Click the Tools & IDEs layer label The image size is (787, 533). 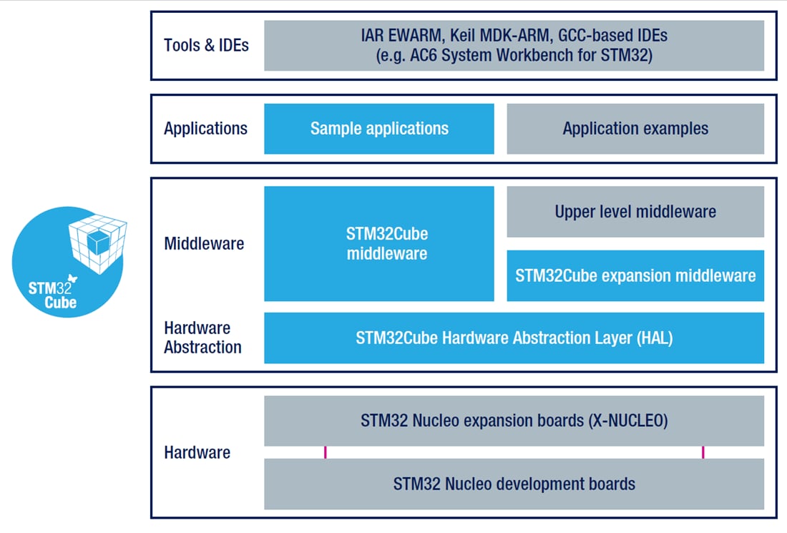click(206, 45)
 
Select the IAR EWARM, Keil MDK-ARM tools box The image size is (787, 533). click(514, 45)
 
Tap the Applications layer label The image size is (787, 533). click(205, 129)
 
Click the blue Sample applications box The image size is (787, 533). click(378, 129)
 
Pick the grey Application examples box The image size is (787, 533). click(635, 129)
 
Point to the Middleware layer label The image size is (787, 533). click(204, 243)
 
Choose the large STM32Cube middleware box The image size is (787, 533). click(378, 243)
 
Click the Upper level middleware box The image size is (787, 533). click(635, 212)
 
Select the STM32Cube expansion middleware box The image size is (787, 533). click(635, 275)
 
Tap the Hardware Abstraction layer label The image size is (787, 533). click(202, 338)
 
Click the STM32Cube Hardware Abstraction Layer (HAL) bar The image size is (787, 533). click(514, 338)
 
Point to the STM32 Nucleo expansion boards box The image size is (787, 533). click(514, 421)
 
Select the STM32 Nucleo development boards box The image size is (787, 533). click(514, 484)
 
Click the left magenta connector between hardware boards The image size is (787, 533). click(326, 452)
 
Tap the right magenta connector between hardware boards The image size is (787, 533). click(703, 452)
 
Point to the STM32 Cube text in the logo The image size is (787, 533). click(52, 295)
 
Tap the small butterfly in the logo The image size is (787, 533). click(71, 278)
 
